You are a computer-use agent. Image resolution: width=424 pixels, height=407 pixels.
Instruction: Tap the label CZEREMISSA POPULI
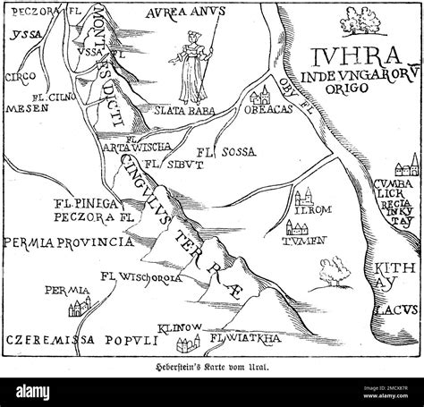[x=78, y=341]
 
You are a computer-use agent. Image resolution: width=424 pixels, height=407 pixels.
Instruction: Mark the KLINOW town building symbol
[x=185, y=345]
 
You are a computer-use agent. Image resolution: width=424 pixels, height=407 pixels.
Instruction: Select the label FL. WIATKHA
[x=242, y=339]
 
